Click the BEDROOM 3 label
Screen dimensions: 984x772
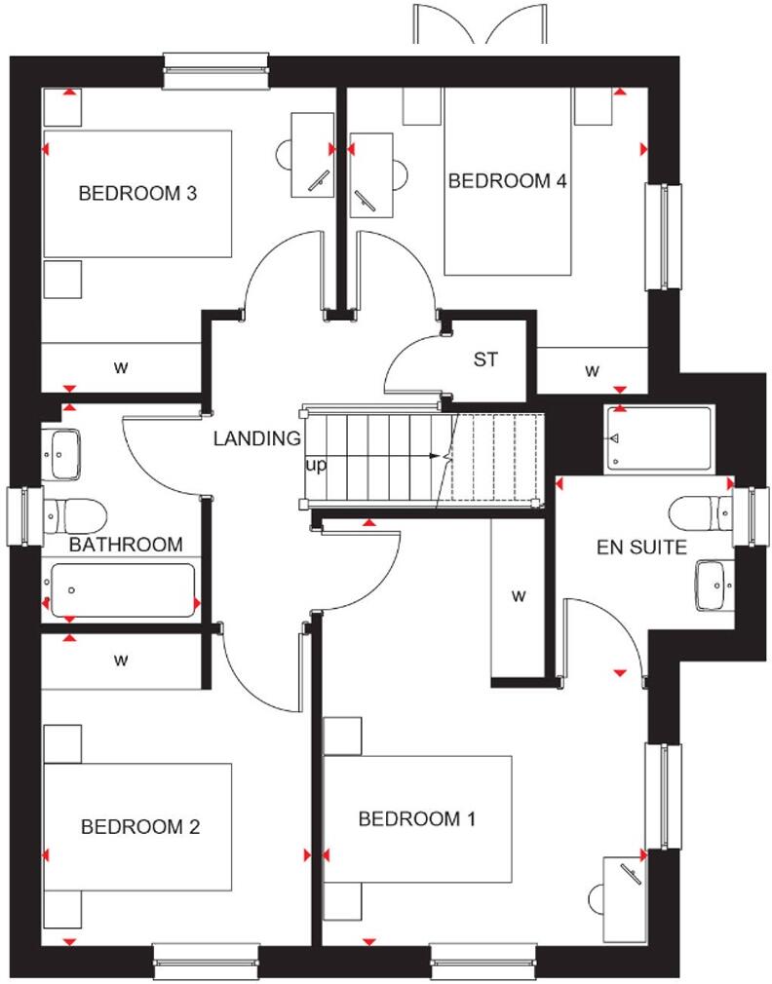coord(137,193)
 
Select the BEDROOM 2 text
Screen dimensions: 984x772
coord(140,827)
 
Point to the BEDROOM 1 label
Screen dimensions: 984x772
coord(417,818)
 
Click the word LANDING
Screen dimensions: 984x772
coord(257,438)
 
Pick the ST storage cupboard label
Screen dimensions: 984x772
coord(485,360)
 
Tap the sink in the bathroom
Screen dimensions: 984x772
coord(64,453)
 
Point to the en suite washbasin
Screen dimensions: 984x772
coord(717,585)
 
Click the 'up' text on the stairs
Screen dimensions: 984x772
coord(316,466)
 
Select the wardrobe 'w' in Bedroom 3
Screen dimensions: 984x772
coord(121,367)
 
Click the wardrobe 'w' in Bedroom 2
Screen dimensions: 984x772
coord(121,661)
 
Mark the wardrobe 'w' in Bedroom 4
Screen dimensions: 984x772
coord(592,370)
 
